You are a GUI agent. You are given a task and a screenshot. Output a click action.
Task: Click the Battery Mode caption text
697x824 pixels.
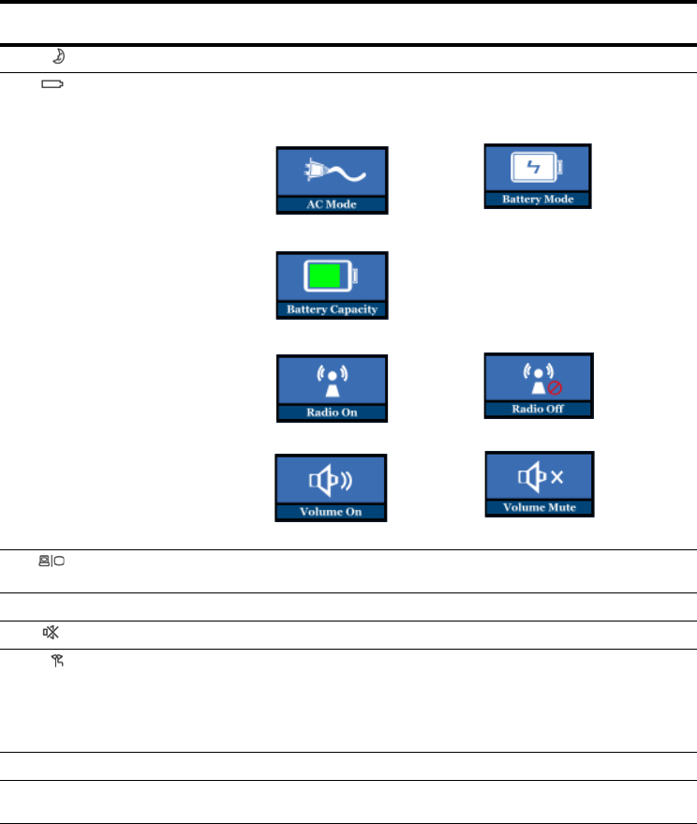click(538, 200)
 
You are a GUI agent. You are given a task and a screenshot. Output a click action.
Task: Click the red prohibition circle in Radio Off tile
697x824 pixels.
click(555, 387)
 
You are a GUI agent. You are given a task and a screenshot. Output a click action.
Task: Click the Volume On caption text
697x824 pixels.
click(331, 512)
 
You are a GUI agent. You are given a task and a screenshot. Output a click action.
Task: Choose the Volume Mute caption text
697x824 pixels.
click(539, 508)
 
